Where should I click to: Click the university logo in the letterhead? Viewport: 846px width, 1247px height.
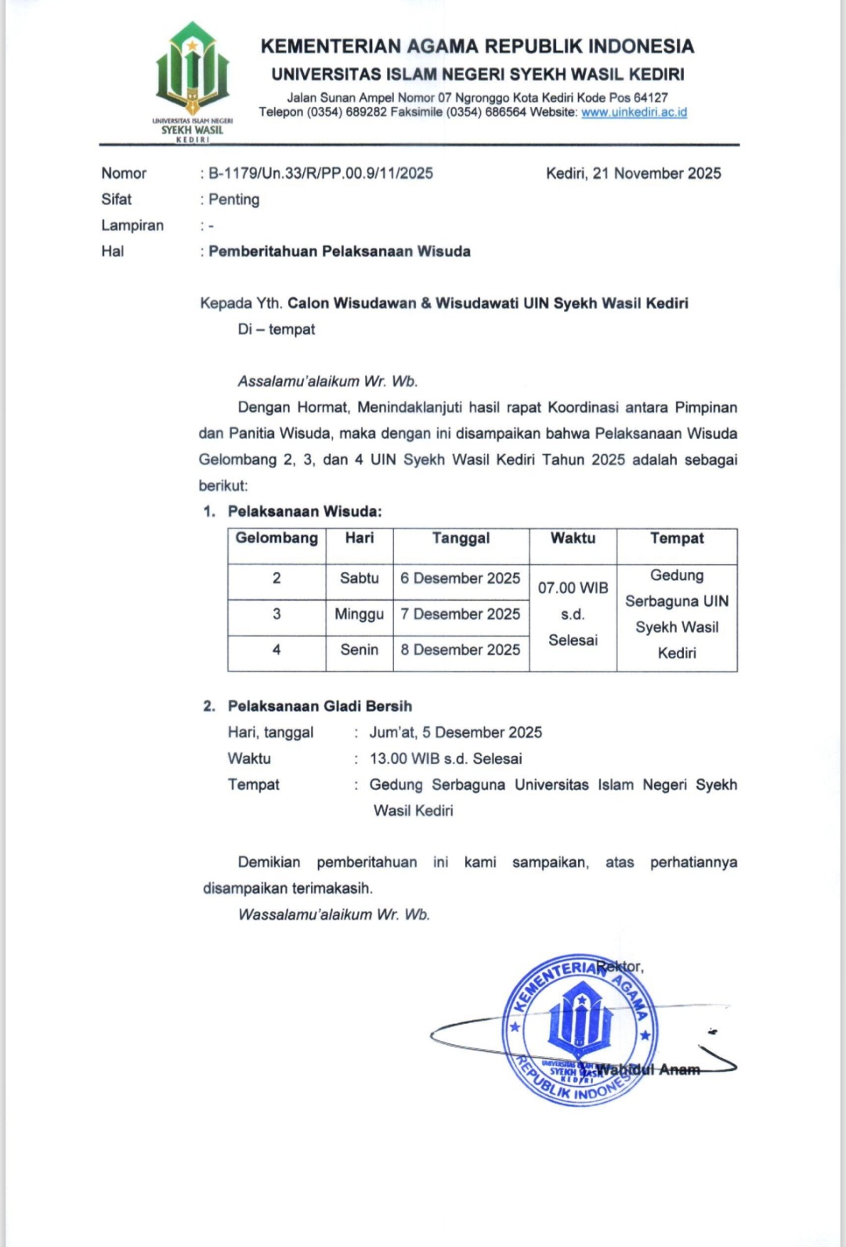tap(192, 78)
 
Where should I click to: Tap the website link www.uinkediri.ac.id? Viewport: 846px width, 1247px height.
tap(634, 113)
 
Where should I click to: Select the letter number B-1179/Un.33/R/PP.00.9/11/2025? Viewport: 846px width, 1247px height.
tap(320, 174)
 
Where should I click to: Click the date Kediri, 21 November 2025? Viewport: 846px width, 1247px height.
tap(633, 174)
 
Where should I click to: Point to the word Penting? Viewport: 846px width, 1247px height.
tap(233, 200)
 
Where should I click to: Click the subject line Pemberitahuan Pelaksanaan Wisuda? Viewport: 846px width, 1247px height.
tap(339, 251)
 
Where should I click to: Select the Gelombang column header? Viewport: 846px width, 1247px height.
tap(277, 539)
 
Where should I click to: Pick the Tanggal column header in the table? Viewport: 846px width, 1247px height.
tap(461, 539)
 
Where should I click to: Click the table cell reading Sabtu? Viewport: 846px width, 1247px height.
tap(359, 578)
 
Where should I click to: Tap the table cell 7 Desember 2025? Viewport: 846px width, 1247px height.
tap(460, 614)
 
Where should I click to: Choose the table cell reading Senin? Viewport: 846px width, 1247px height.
tap(359, 650)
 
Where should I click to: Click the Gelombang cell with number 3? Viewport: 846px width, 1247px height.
tap(277, 614)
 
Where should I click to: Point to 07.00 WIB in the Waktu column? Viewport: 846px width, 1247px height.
tap(573, 588)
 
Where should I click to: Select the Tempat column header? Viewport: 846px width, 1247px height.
tap(677, 539)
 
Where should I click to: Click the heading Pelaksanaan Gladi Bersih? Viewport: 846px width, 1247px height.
tap(320, 706)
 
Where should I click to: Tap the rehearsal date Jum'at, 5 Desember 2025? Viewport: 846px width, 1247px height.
tap(455, 733)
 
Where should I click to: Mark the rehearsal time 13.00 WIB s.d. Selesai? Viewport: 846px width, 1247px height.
tap(446, 759)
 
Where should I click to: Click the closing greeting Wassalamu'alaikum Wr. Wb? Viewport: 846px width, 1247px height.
tap(334, 914)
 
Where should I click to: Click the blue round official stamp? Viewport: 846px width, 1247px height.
tap(580, 1029)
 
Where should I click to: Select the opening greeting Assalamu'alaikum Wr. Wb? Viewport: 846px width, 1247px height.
tap(327, 382)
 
